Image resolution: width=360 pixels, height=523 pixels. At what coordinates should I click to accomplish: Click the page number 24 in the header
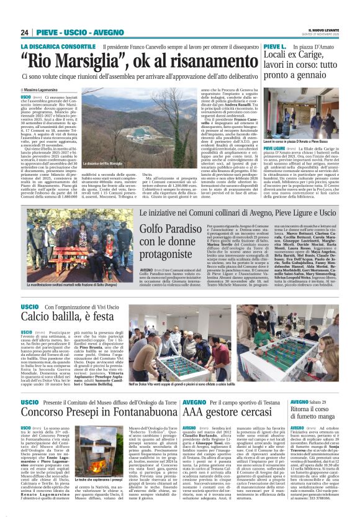tap(25, 32)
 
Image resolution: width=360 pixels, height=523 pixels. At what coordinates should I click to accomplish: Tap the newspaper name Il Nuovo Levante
tap(323, 29)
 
